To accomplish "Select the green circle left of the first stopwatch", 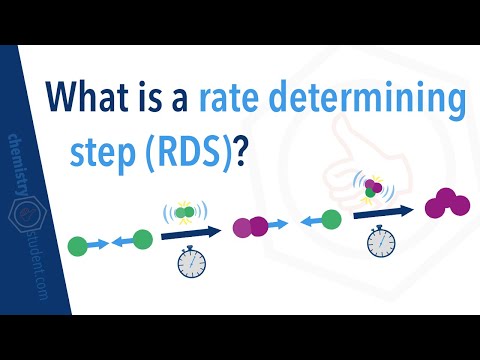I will tap(142, 239).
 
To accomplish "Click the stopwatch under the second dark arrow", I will tap(378, 242).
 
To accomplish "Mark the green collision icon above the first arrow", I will tap(184, 212).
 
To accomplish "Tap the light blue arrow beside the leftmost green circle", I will tap(97, 243).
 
